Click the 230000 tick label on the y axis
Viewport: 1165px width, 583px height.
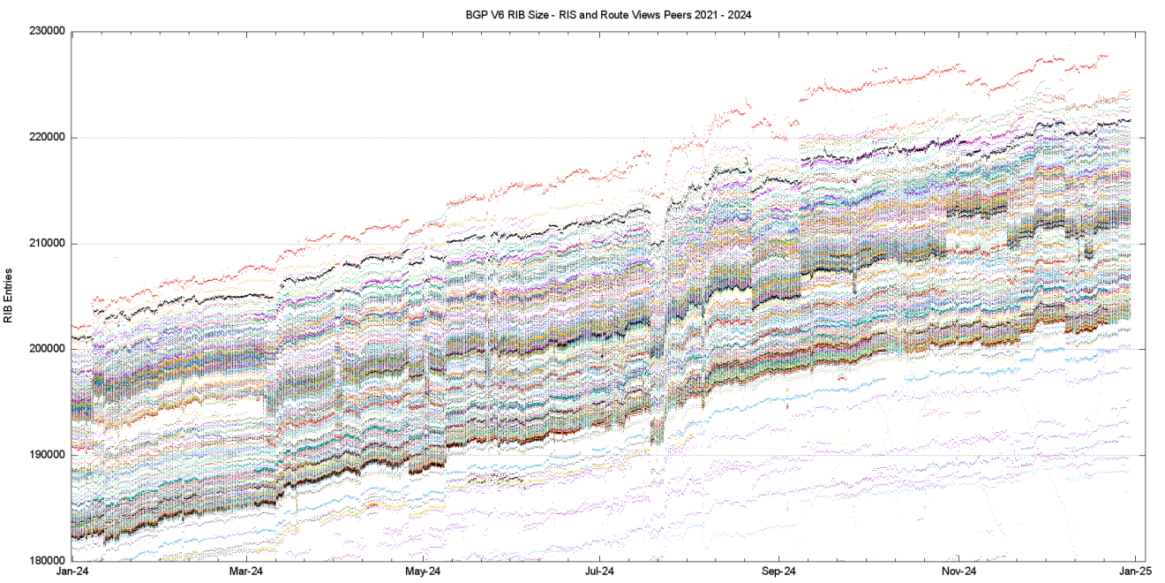pos(49,31)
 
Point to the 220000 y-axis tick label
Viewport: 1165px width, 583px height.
pos(49,137)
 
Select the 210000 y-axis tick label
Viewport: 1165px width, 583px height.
pos(49,243)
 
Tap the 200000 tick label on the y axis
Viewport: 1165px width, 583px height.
pos(49,349)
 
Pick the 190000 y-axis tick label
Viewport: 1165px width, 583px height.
pos(49,455)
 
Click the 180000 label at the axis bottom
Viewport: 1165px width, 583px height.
pos(49,561)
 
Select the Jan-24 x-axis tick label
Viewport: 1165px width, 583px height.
pos(71,572)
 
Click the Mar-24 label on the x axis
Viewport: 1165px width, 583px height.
pos(245,572)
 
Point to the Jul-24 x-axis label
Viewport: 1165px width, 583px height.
pos(600,572)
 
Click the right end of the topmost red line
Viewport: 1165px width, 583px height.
pos(1107,56)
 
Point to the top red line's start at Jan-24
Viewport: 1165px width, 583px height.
pos(73,327)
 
